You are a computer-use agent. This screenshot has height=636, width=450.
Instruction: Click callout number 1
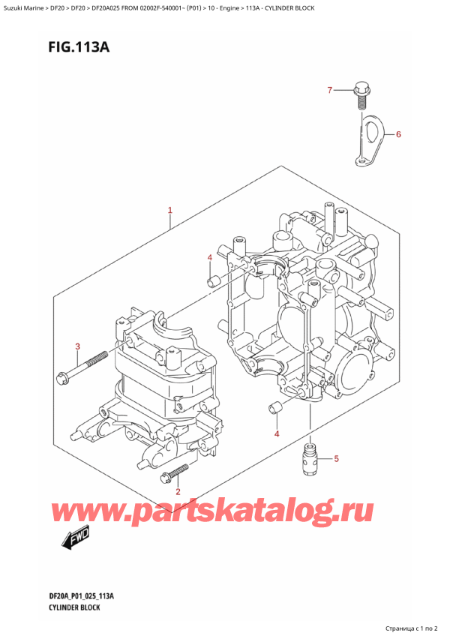170,211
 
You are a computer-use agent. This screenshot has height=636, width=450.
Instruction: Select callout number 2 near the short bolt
178,492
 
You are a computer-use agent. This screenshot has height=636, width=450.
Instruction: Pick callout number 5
336,458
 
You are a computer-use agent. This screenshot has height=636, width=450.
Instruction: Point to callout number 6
398,135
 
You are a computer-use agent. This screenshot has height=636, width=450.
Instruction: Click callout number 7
328,91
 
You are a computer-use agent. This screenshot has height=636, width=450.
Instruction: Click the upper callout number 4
210,259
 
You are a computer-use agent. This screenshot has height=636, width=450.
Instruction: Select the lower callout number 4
276,434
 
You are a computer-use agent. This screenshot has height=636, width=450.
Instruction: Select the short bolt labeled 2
178,472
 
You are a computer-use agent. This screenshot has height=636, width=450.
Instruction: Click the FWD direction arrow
73,535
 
